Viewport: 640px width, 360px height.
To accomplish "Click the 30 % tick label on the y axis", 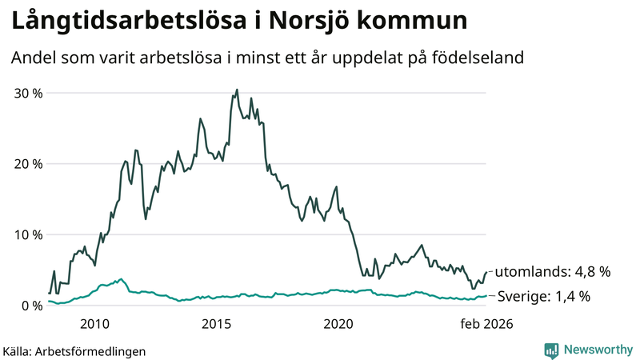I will (27, 93).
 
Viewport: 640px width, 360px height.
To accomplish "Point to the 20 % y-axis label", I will (27, 164).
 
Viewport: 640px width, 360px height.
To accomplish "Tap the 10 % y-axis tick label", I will (27, 234).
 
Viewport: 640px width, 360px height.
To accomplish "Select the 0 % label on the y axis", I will (32, 306).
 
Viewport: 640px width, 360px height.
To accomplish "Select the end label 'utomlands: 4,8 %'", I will (552, 272).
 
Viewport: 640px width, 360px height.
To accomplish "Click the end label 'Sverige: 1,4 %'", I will (544, 297).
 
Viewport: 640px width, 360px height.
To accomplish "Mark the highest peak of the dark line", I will (237, 90).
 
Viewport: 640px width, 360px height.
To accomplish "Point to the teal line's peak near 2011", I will (121, 279).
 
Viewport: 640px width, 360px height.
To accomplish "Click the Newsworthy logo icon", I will (551, 350).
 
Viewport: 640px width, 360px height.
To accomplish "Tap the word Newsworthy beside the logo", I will (596, 350).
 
